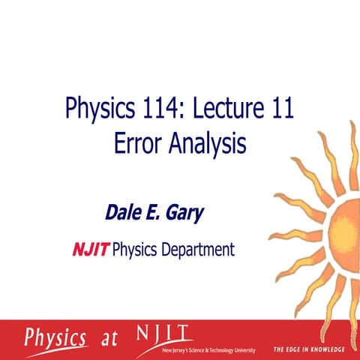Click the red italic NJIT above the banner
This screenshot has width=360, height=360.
(x=91, y=249)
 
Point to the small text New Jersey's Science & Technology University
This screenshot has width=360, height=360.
(x=208, y=349)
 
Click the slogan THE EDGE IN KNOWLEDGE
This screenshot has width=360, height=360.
(x=308, y=349)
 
